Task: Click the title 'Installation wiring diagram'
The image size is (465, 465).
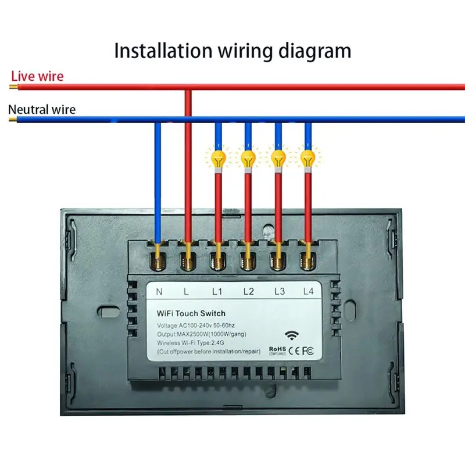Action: point(233,51)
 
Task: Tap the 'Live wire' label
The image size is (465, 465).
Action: point(37,76)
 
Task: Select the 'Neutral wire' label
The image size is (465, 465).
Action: point(42,109)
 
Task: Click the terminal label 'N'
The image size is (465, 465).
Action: point(159,290)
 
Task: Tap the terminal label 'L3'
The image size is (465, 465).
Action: point(278,290)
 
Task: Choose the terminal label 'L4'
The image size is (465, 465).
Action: point(308,290)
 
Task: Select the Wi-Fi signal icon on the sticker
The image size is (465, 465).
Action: point(290,335)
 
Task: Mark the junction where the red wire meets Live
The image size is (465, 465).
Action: point(188,88)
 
